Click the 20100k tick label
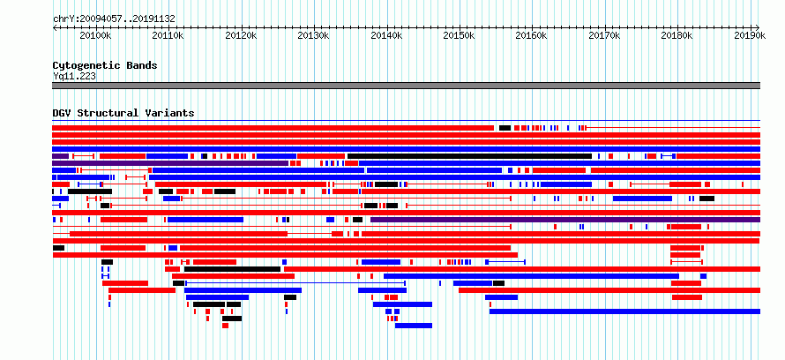tap(95, 35)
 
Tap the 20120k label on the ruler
tap(241, 35)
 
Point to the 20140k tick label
tap(386, 35)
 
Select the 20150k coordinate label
tap(459, 35)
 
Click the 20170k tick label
tap(604, 35)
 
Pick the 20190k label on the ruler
tap(750, 35)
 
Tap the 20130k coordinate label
tap(313, 35)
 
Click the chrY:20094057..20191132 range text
tap(114, 19)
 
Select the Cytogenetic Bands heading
tap(105, 65)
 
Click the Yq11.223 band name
tap(74, 76)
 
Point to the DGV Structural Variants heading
tap(123, 113)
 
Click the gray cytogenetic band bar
tap(406, 86)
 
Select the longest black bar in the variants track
tap(469, 156)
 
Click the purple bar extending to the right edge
tap(565, 220)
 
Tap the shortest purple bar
tap(60, 156)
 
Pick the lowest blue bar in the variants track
tap(414, 326)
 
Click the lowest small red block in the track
tap(225, 326)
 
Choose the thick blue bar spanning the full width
tap(406, 149)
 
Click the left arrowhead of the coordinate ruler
tap(54, 27)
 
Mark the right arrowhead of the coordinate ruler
tap(759, 27)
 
